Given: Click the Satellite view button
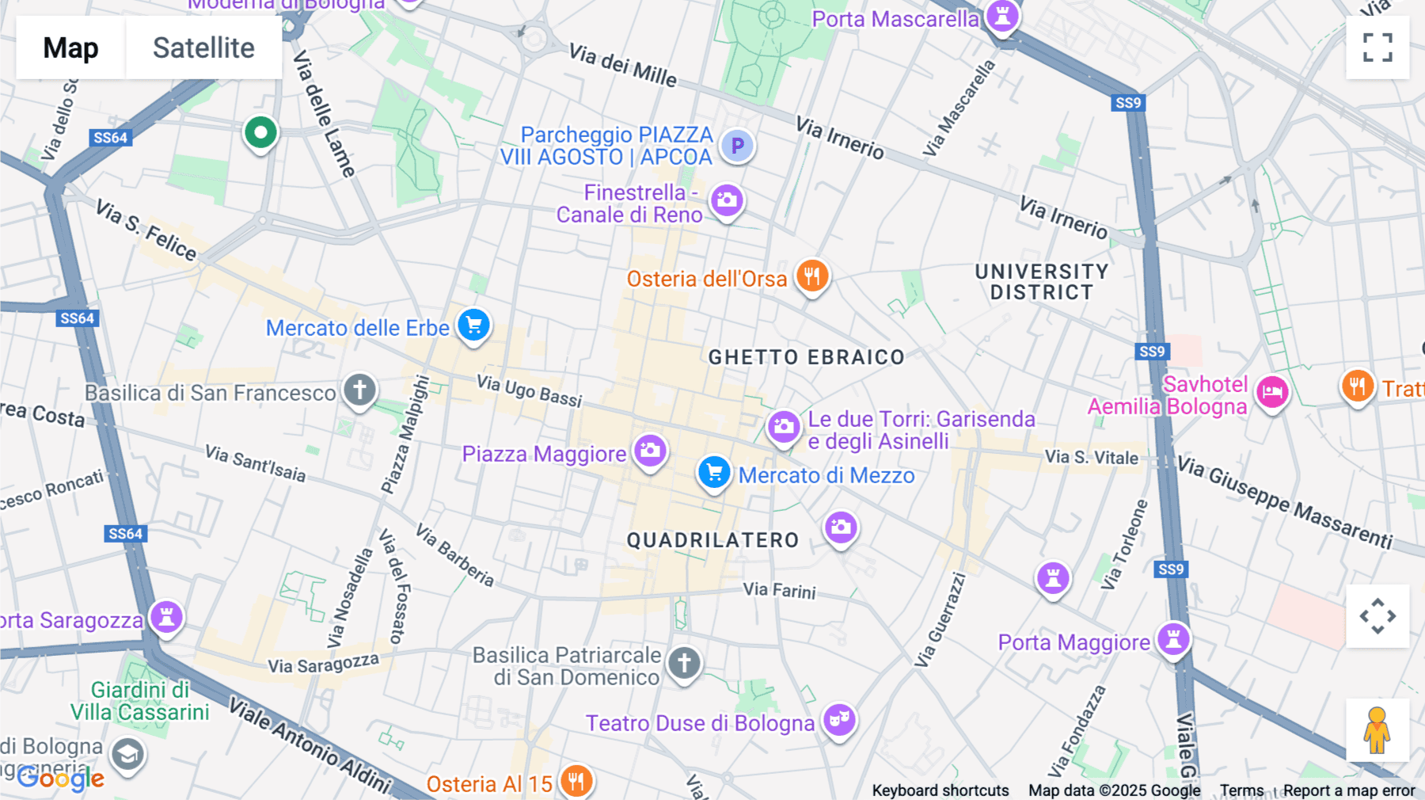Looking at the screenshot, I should click(x=203, y=48).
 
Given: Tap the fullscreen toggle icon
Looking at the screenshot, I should click(x=1377, y=48).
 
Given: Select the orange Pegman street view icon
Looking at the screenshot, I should click(x=1377, y=730).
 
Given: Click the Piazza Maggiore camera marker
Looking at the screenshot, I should click(x=651, y=451).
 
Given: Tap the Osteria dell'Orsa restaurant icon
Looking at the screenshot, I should click(x=811, y=276).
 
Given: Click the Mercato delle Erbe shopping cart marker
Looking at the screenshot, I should click(x=473, y=326).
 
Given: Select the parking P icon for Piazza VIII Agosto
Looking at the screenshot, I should click(x=737, y=146).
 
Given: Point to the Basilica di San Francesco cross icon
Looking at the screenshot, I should click(x=359, y=390).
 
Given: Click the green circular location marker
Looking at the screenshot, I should click(x=260, y=133).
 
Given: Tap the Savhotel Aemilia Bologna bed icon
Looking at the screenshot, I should click(x=1272, y=392).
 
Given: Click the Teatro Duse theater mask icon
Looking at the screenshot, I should click(x=839, y=720).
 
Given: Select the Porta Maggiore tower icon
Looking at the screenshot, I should click(x=1173, y=639).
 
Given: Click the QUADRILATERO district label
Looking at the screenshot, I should click(x=712, y=540).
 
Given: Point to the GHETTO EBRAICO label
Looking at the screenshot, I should click(x=806, y=357).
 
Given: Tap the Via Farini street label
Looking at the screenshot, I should click(x=779, y=590).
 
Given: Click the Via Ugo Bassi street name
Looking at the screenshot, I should click(x=529, y=390).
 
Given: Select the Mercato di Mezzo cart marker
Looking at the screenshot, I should click(x=713, y=473).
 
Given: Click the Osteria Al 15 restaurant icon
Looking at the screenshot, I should click(x=576, y=781).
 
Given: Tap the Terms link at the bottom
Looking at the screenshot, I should click(x=1241, y=790).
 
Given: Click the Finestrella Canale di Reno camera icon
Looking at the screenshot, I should click(x=726, y=201).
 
